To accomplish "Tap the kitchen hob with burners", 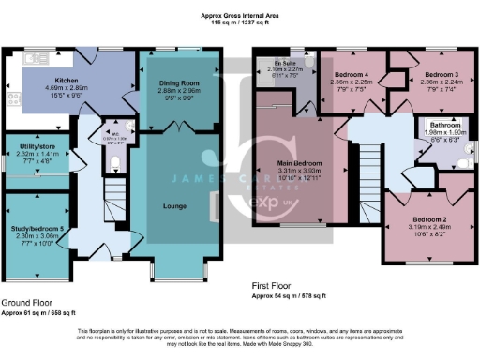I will coord(14,97).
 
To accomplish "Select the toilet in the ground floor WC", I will coord(113,165).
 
